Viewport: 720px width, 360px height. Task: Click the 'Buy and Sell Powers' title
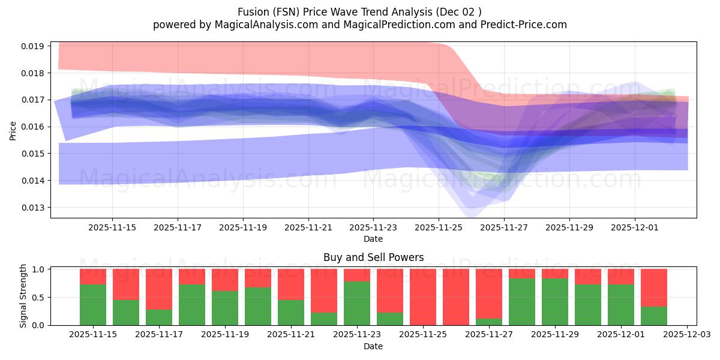pyautogui.click(x=373, y=257)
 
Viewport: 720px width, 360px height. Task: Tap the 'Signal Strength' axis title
pyautogui.click(x=23, y=296)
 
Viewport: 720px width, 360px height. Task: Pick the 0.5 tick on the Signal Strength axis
pyautogui.click(x=38, y=298)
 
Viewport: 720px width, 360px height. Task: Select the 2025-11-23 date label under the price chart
pyautogui.click(x=373, y=227)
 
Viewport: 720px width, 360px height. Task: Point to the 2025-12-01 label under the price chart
pyautogui.click(x=635, y=227)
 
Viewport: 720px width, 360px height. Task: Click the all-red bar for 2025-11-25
pyautogui.click(x=423, y=297)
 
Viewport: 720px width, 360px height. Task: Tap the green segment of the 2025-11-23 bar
pyautogui.click(x=357, y=304)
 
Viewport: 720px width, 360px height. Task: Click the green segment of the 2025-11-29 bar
pyautogui.click(x=555, y=302)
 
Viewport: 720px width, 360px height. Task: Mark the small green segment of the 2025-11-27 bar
pyautogui.click(x=489, y=322)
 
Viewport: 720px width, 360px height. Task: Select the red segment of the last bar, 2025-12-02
pyautogui.click(x=654, y=287)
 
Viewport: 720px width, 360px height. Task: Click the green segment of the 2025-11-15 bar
pyautogui.click(x=93, y=305)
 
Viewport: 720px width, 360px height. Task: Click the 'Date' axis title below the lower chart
pyautogui.click(x=373, y=346)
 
